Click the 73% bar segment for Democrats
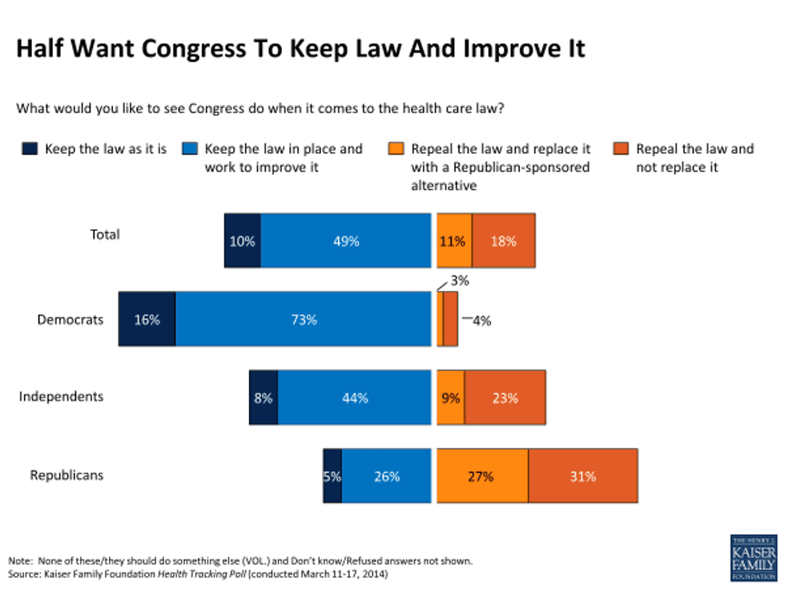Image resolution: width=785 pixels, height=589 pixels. click(x=304, y=319)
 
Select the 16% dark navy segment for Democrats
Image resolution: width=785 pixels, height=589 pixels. click(x=147, y=319)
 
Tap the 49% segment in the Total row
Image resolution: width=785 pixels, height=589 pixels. click(x=346, y=240)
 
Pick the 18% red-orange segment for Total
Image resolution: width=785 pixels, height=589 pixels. click(x=503, y=240)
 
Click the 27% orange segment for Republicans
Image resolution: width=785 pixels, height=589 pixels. click(x=482, y=476)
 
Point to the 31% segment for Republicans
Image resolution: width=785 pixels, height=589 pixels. click(x=582, y=476)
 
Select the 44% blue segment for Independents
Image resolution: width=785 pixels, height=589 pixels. click(x=354, y=397)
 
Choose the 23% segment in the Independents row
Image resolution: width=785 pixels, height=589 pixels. click(x=505, y=397)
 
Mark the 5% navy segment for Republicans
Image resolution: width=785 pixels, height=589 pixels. click(x=332, y=476)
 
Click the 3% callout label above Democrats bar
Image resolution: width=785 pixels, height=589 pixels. click(x=460, y=281)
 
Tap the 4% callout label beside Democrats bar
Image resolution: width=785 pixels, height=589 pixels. click(x=481, y=321)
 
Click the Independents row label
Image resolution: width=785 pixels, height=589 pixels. click(x=61, y=397)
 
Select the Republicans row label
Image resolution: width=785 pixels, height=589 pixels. click(x=66, y=475)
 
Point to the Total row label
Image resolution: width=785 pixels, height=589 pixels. click(x=105, y=235)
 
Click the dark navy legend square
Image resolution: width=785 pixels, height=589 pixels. click(x=29, y=148)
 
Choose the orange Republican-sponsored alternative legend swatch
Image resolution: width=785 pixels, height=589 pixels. click(x=396, y=148)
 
